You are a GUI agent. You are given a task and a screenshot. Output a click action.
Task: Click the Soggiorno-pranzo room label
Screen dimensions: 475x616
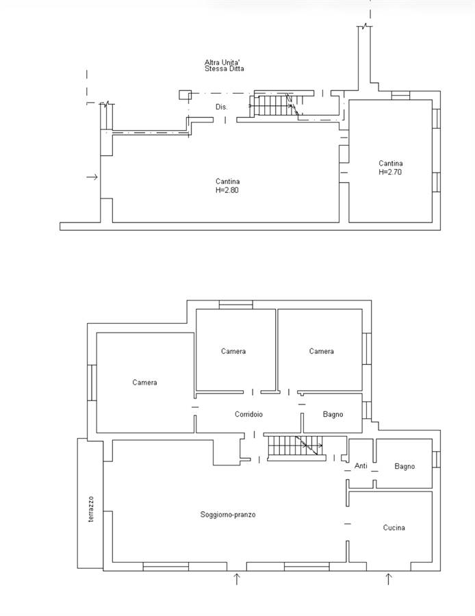click(228, 514)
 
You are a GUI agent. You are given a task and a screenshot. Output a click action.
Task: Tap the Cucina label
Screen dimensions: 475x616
click(394, 528)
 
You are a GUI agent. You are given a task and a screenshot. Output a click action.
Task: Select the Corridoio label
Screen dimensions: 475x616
click(248, 414)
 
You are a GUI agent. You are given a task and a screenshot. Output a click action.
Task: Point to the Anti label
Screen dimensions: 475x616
click(361, 465)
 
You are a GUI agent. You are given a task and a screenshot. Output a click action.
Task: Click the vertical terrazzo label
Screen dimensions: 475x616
click(91, 509)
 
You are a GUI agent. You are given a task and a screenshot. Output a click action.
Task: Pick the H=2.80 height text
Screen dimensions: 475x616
click(227, 190)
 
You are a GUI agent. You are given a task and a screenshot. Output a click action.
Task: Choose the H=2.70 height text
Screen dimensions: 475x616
click(390, 172)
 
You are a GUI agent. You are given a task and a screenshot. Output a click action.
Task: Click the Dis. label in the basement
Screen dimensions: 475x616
click(221, 107)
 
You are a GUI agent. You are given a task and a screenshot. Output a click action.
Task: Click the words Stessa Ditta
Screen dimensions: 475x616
click(224, 68)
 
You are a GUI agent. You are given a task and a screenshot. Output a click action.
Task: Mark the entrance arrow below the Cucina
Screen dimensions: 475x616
click(389, 578)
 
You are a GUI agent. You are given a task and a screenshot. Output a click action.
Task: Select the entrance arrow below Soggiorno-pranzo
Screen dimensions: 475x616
click(237, 578)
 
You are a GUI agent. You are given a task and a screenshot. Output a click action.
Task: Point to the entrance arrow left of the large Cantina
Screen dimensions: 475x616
click(92, 177)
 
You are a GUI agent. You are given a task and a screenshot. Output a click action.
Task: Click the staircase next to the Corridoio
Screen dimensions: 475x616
click(296, 447)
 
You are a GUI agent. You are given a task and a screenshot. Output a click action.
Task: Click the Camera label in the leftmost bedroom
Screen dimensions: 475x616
click(144, 382)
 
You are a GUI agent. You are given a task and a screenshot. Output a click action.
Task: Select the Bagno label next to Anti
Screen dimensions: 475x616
click(405, 466)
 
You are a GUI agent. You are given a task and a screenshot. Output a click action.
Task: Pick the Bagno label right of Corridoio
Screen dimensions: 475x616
click(333, 414)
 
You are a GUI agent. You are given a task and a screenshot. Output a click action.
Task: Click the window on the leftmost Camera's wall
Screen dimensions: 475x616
click(92, 383)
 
